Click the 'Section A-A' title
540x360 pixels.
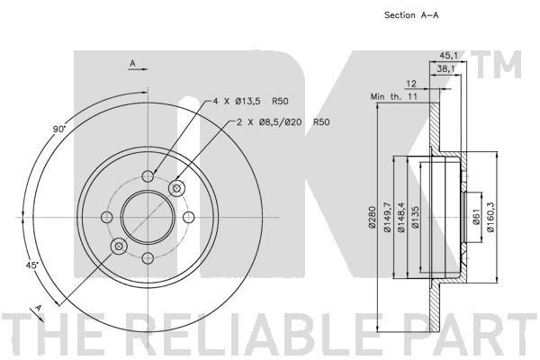(x=411, y=15)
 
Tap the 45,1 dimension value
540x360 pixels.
(x=448, y=55)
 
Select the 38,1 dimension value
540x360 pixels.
(x=446, y=69)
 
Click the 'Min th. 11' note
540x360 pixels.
(x=393, y=96)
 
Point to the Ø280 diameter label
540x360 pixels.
(x=372, y=217)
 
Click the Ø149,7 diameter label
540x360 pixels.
(x=388, y=218)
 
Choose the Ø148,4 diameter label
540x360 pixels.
(x=401, y=218)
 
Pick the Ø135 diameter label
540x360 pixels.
(x=415, y=217)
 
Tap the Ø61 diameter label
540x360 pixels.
(x=476, y=217)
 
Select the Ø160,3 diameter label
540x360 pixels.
(x=490, y=217)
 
